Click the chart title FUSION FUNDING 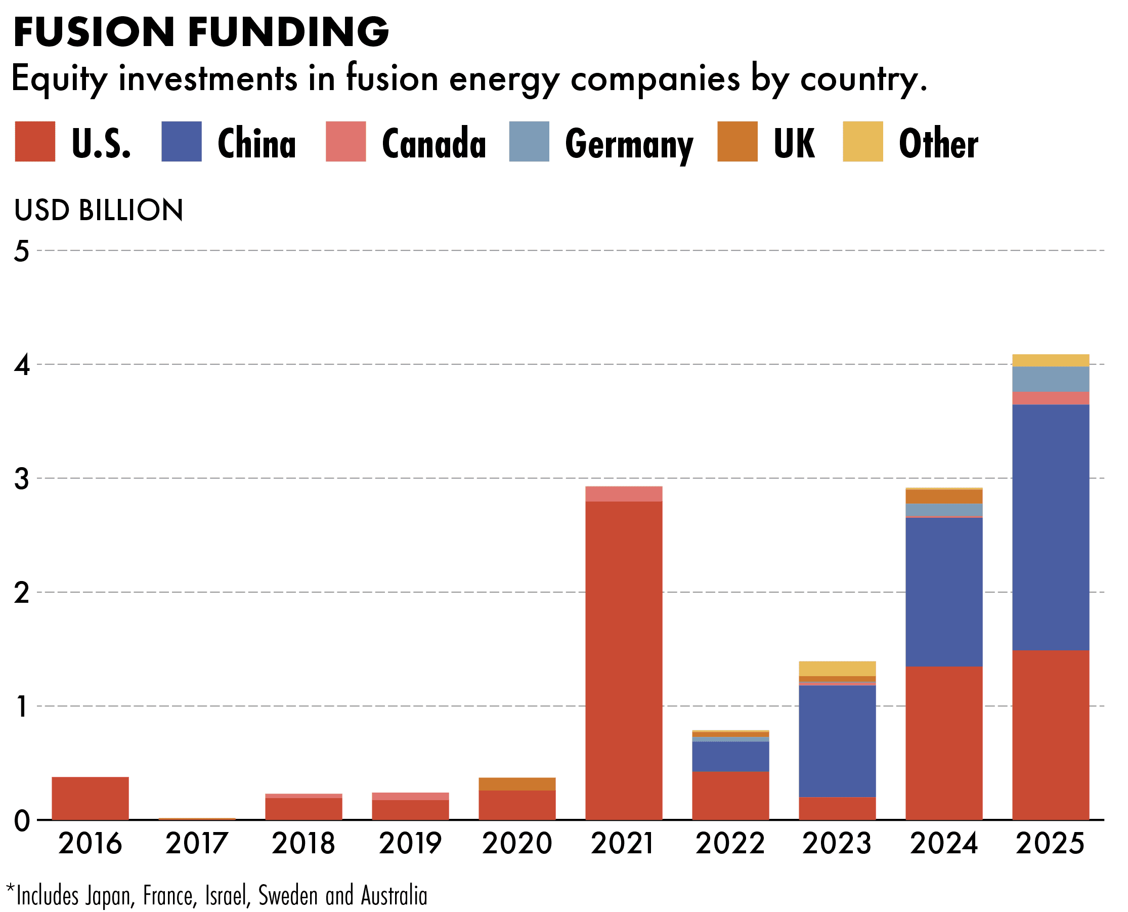201,32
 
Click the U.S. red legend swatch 35,141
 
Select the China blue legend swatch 181,141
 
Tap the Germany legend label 629,143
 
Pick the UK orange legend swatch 737,141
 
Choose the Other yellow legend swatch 863,141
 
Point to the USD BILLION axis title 99,210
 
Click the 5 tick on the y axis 22,251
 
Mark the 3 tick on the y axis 22,479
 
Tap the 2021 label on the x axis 623,844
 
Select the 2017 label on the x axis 197,844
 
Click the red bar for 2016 91,798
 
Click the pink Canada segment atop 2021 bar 624,494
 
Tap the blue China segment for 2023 838,741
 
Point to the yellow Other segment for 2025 1051,360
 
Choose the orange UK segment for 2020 517,784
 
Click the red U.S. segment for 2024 944,743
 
